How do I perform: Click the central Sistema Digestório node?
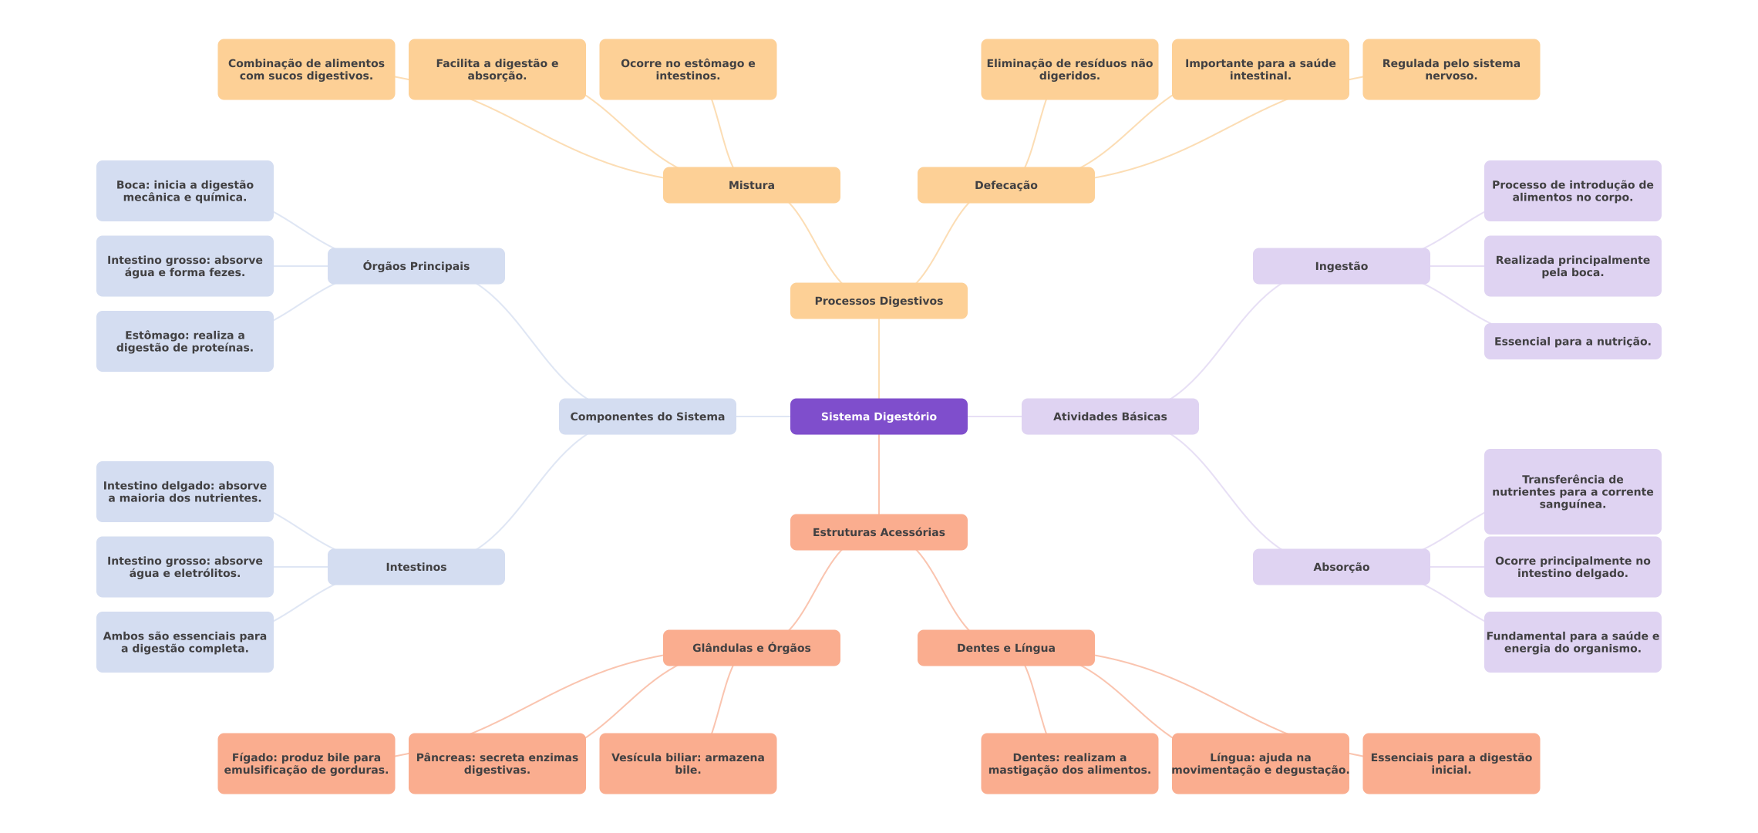point(878,416)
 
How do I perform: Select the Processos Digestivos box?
point(878,301)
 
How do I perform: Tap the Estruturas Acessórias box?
point(878,532)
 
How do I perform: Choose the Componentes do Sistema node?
point(647,416)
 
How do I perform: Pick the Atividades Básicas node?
point(1110,416)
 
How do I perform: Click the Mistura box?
point(751,185)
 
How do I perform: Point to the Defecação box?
point(1005,185)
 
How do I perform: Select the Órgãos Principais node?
point(416,266)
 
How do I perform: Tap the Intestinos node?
point(416,567)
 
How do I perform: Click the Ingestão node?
point(1341,266)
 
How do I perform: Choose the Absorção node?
point(1341,567)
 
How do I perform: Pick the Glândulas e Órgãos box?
point(751,648)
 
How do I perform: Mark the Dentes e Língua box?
point(1005,648)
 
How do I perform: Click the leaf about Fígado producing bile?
point(306,764)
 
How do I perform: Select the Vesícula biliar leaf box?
point(688,764)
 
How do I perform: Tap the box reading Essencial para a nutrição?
point(1572,342)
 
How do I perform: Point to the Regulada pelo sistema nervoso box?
point(1451,69)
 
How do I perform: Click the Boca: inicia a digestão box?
point(184,191)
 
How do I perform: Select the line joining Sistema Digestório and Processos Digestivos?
point(879,359)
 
